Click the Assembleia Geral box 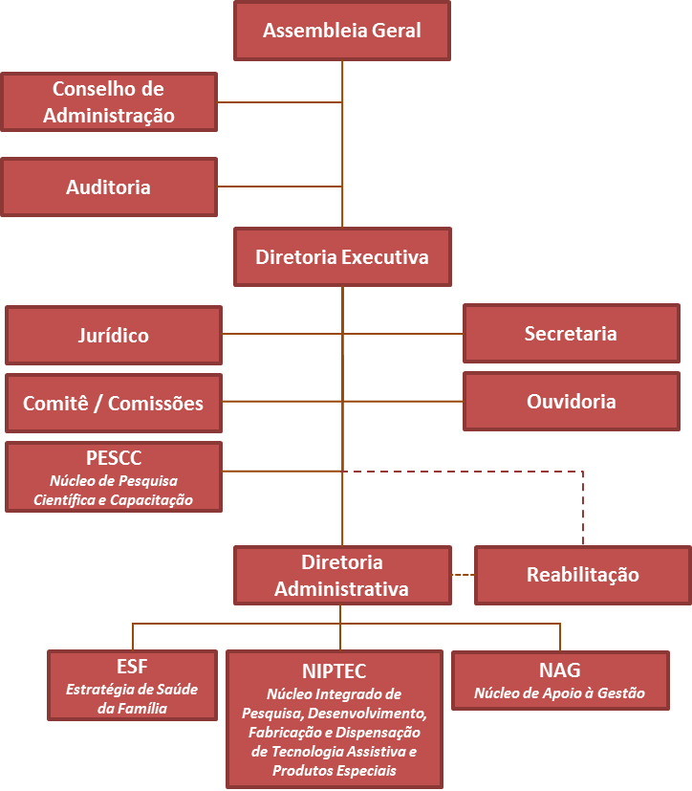(342, 31)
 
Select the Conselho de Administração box (109, 102)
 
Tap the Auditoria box (109, 187)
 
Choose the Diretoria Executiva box (342, 257)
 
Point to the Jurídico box (114, 336)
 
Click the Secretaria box (571, 334)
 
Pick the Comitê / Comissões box (114, 404)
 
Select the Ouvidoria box (571, 402)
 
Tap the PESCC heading (114, 457)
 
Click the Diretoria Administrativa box (342, 576)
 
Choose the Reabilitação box (582, 576)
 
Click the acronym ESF (132, 667)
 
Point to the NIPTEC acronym (335, 671)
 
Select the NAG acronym (560, 670)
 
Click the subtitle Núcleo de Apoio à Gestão (560, 693)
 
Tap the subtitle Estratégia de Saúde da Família (132, 699)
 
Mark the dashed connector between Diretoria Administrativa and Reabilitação (463, 575)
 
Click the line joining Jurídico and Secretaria (401, 334)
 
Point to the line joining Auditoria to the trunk (279, 187)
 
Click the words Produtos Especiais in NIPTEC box (334, 771)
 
